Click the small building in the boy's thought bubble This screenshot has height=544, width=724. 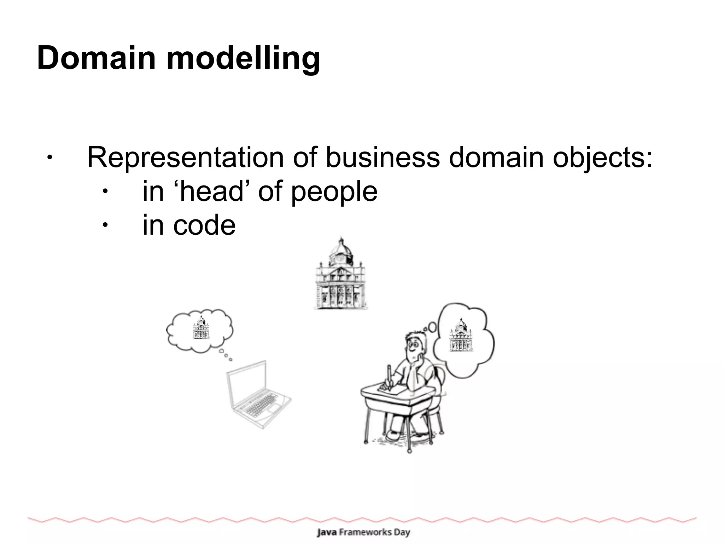461,335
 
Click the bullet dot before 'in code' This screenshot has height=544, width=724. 105,225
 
